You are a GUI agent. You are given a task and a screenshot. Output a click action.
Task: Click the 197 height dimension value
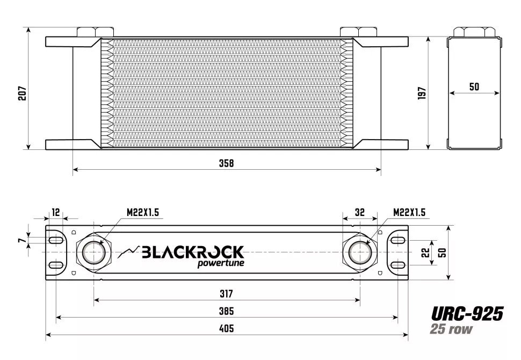coord(422,93)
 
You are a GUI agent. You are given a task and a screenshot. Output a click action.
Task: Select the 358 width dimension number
coord(227,163)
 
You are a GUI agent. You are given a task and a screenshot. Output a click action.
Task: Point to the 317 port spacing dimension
coord(227,294)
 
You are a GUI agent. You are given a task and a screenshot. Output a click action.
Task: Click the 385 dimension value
coord(227,311)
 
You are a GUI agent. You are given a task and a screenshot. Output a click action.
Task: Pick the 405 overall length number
coord(227,329)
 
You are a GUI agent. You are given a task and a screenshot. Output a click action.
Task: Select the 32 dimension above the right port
coord(360,212)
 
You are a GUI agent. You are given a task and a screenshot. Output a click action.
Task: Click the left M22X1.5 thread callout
coord(143,213)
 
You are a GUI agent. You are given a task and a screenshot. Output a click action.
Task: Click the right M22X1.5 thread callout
coord(409,213)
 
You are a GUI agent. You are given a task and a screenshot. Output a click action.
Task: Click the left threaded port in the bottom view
coord(94,252)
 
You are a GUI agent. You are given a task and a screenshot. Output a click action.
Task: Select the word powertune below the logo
coord(220,263)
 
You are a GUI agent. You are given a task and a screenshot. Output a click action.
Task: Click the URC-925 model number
coord(467,313)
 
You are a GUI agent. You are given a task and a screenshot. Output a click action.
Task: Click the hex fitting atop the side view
coord(474,32)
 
